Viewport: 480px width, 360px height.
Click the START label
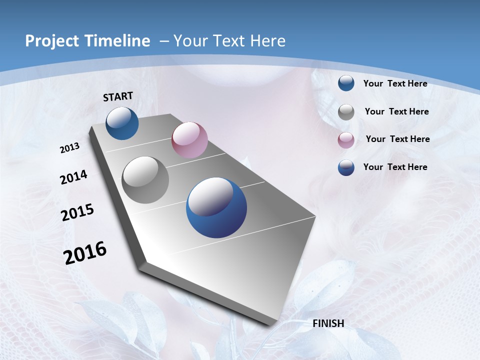tap(118, 96)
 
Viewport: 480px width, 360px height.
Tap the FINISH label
tap(328, 323)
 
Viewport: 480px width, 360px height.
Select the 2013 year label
tap(70, 148)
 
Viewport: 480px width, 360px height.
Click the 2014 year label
tap(73, 177)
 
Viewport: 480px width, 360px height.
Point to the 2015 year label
tap(77, 212)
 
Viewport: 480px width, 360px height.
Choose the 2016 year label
tap(85, 253)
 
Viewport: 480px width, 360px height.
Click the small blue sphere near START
tap(122, 123)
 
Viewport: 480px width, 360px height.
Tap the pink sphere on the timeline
tap(189, 139)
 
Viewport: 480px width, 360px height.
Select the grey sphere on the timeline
tap(145, 180)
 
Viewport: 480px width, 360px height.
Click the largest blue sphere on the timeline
tap(216, 207)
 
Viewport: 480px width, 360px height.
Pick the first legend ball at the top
tap(346, 83)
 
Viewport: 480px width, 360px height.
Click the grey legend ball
tap(346, 112)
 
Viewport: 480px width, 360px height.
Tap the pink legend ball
tap(346, 139)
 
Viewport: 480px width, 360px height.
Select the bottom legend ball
tap(346, 167)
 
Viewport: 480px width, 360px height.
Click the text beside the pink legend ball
tap(397, 139)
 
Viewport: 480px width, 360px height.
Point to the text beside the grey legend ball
tap(396, 111)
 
